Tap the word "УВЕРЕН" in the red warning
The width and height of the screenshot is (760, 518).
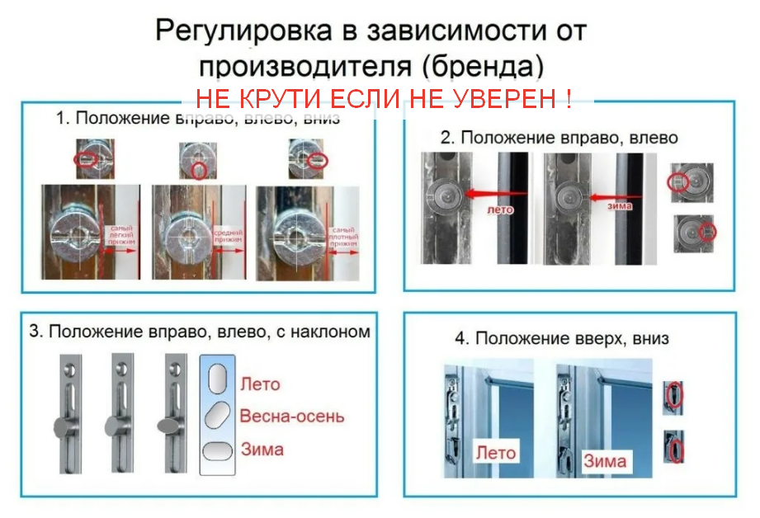tap(505, 101)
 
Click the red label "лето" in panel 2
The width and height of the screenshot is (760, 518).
tap(500, 210)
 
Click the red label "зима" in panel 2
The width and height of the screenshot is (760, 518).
tap(621, 205)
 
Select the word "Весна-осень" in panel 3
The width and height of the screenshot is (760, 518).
tap(291, 417)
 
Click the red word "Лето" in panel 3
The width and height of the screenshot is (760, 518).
tap(260, 384)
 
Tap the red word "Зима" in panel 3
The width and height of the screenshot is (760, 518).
tap(262, 450)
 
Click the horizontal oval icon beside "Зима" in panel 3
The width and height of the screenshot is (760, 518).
tap(217, 450)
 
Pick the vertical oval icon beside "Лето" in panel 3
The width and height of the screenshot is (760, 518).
tap(217, 380)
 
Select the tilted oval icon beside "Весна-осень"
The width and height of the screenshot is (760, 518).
tap(217, 415)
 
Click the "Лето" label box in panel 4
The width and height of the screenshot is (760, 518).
tap(495, 452)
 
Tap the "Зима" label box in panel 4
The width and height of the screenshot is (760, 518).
tap(604, 460)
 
